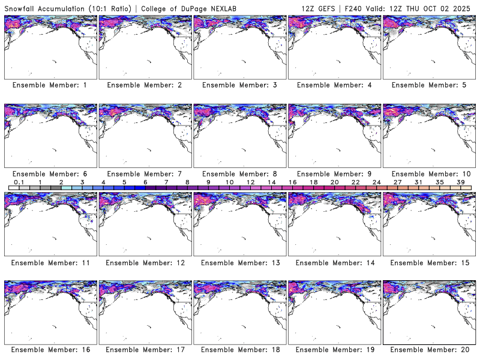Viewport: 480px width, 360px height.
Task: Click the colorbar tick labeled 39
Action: (460, 182)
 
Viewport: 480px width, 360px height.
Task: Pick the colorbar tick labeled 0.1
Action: (19, 182)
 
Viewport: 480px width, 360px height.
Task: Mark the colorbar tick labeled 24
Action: (376, 182)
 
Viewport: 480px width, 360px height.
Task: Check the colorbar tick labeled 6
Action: (145, 182)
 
